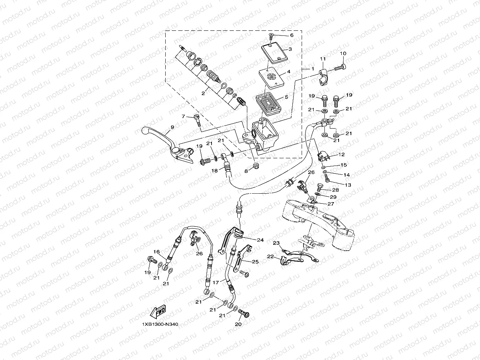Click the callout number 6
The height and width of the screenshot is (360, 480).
[291, 35]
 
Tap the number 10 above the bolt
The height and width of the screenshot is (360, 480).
[343, 54]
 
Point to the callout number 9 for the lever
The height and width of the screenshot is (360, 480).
[172, 127]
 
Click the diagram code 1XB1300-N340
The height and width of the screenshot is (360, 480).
[160, 324]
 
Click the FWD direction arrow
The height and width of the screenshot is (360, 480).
[158, 311]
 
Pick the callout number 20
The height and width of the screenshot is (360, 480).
[238, 325]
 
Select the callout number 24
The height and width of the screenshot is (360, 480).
[260, 240]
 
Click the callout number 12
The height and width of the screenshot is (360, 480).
[342, 154]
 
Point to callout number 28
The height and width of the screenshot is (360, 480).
[335, 190]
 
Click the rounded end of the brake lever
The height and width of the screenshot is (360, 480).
[146, 131]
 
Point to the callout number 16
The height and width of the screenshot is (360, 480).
[156, 252]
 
